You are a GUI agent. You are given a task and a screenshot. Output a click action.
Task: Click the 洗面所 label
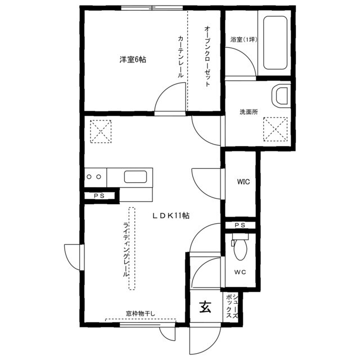tap(249, 112)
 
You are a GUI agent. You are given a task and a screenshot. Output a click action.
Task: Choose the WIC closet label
tap(243, 182)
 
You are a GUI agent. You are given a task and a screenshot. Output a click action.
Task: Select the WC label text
tap(240, 273)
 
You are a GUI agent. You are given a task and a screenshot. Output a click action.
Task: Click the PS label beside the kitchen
tap(99, 196)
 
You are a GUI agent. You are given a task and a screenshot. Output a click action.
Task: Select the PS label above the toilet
tap(240, 226)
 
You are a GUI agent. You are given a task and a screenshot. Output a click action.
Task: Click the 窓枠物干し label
tap(141, 313)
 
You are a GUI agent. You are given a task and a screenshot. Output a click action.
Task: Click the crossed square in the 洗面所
tap(275, 128)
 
